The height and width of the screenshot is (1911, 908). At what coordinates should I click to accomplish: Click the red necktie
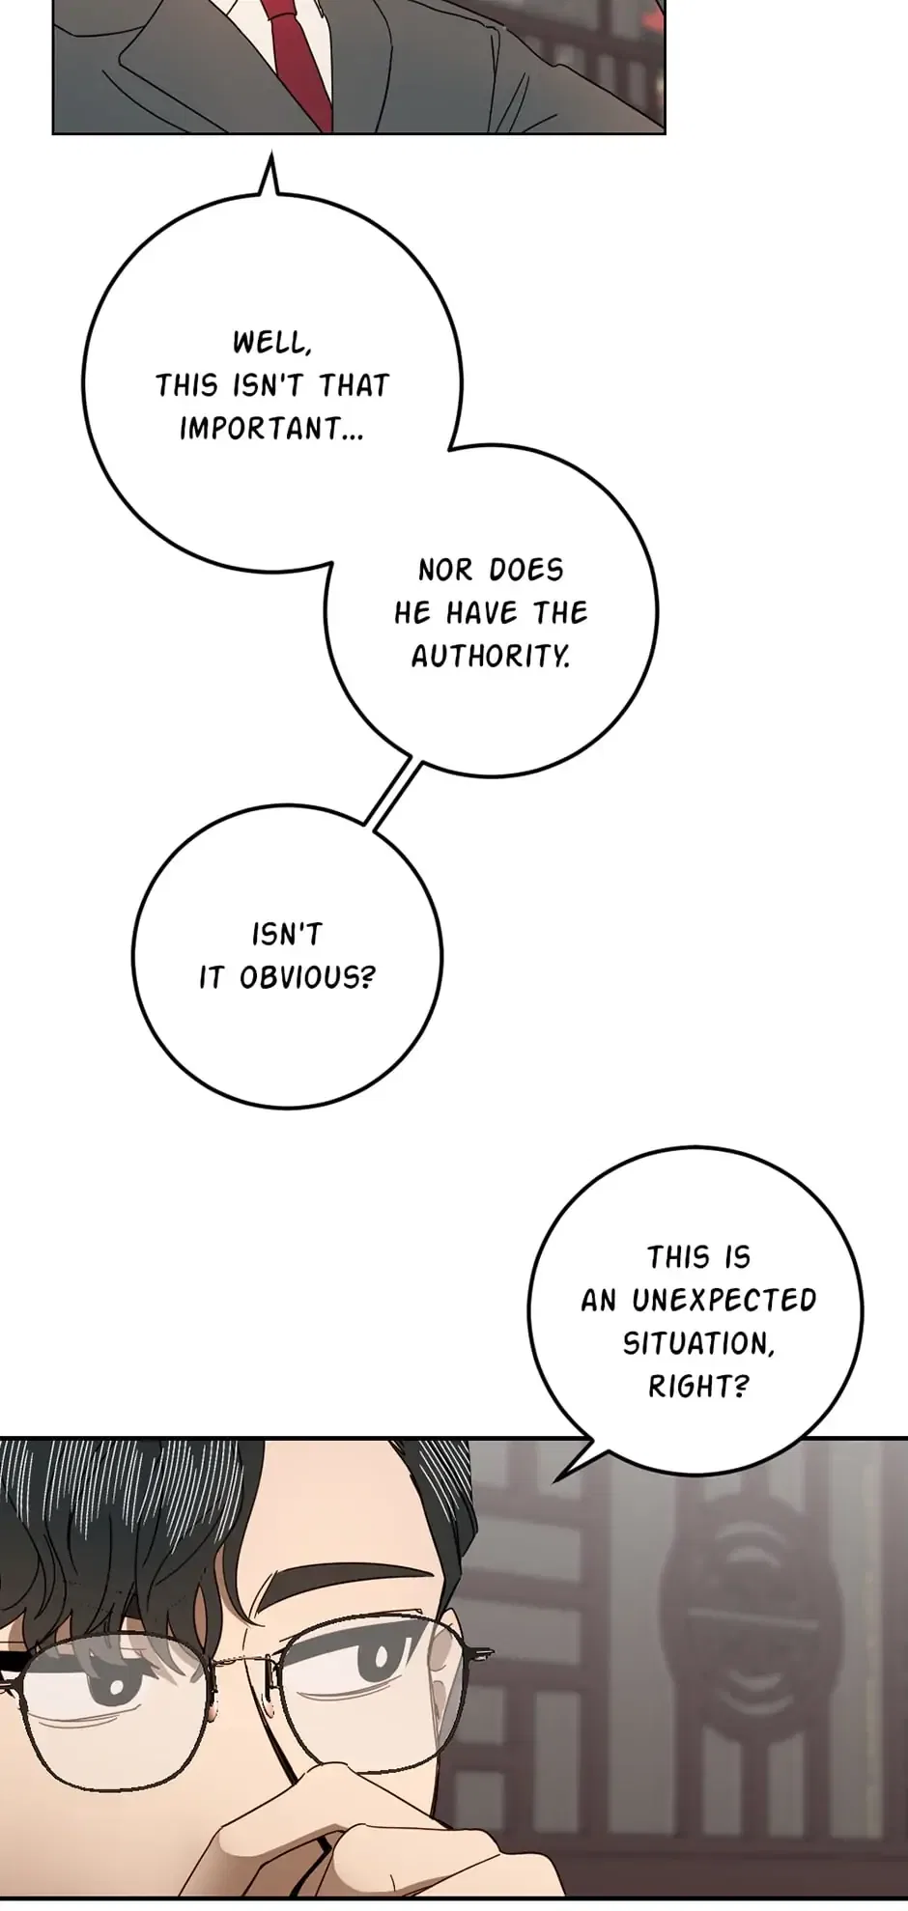pyautogui.click(x=298, y=58)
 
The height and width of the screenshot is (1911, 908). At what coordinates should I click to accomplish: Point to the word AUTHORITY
pyautogui.click(x=491, y=657)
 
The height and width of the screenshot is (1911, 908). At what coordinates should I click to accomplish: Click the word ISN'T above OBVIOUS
pyautogui.click(x=287, y=935)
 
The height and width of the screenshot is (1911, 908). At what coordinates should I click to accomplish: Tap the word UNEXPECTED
pyautogui.click(x=724, y=1301)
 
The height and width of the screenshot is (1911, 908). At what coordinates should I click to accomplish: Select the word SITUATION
pyautogui.click(x=698, y=1344)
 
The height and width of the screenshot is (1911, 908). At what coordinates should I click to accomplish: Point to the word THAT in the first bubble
pyautogui.click(x=354, y=385)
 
